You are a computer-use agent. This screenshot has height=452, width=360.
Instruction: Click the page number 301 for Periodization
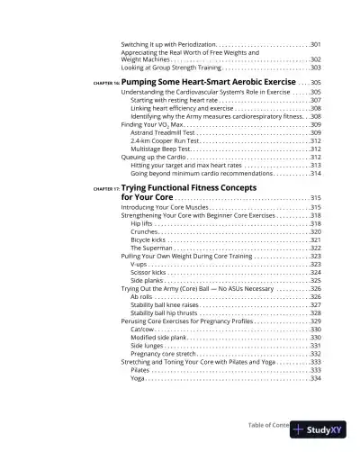[315, 44]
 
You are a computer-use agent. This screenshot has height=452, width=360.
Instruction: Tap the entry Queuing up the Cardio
[154, 158]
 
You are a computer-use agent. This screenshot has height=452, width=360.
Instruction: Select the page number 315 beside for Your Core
[315, 197]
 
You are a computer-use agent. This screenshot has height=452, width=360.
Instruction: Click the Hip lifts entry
[142, 224]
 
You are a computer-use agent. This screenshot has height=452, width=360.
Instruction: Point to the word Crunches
[145, 232]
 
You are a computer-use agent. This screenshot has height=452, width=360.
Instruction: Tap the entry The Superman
[150, 249]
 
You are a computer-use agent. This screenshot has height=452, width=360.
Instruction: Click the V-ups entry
[139, 265]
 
